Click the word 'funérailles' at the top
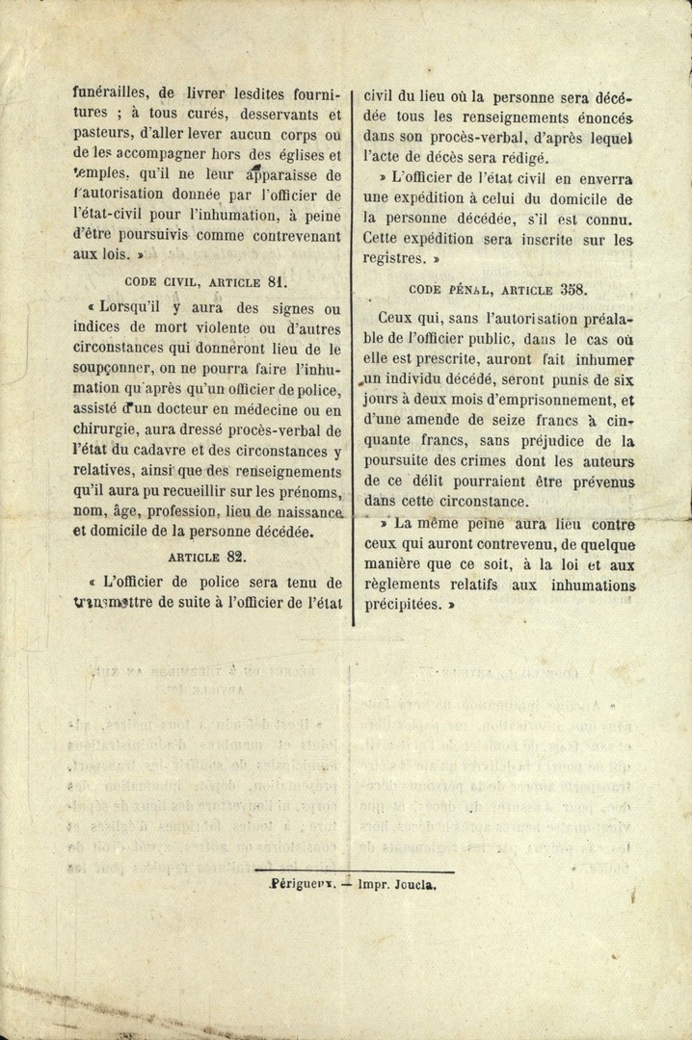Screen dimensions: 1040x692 [x=109, y=94]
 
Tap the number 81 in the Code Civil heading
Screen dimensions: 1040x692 [x=279, y=282]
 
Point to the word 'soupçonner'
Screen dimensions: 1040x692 [x=109, y=369]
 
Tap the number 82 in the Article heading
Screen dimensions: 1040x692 [x=236, y=557]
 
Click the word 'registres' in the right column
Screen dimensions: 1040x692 [x=393, y=258]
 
